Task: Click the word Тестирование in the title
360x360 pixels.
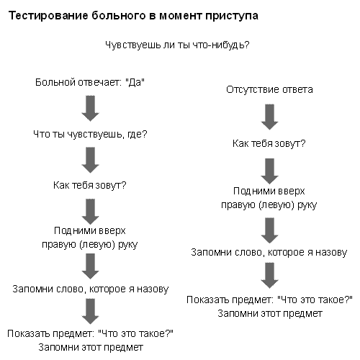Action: [x=48, y=16]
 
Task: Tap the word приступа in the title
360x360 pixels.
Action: [x=232, y=17]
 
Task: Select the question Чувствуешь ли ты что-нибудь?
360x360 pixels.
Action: [x=177, y=45]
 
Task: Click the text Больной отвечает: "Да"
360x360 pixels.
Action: [x=90, y=82]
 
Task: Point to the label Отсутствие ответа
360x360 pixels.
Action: [x=269, y=89]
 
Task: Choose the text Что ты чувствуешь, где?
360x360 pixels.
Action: [x=90, y=134]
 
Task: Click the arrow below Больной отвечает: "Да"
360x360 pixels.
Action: [x=90, y=108]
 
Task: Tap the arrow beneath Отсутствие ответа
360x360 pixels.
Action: [x=269, y=117]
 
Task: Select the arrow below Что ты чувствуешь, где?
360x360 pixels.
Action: [x=90, y=160]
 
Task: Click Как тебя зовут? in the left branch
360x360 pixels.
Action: [x=90, y=185]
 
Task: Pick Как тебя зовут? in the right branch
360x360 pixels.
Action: [x=269, y=143]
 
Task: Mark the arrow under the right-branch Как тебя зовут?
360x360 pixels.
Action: [x=269, y=171]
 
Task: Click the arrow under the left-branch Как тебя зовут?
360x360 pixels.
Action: [x=90, y=212]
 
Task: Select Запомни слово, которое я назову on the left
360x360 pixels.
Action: [x=91, y=289]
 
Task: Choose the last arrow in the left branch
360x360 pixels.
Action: [x=90, y=311]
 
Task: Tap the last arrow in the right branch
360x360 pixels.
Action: [x=269, y=275]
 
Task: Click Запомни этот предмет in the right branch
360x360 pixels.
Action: [x=270, y=313]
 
